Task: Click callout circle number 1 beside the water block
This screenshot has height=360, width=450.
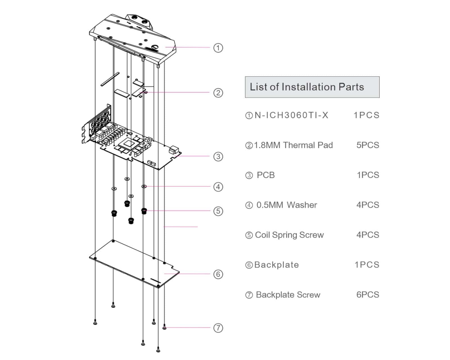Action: (218, 48)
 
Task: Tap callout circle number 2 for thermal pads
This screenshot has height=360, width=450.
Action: (218, 93)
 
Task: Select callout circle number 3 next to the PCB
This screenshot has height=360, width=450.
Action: (218, 156)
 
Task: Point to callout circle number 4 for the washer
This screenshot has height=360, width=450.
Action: (218, 187)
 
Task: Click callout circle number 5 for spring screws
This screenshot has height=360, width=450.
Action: (218, 211)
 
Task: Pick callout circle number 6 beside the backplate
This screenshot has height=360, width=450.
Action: (218, 274)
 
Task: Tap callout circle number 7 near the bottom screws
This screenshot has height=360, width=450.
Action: (218, 328)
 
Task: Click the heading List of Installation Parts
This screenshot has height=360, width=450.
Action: (307, 87)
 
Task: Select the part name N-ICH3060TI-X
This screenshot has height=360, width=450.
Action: (291, 115)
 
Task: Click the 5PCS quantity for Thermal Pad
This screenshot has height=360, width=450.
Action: (368, 145)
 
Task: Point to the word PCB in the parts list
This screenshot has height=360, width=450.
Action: (266, 175)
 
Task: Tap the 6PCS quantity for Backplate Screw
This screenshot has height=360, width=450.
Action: (368, 295)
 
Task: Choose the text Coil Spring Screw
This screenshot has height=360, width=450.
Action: (289, 235)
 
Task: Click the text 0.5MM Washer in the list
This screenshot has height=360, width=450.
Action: (287, 205)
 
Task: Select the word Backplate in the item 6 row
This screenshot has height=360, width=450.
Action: (276, 265)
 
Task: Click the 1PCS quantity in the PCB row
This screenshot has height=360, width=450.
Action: (368, 175)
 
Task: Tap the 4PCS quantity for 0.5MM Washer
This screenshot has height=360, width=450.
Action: (368, 205)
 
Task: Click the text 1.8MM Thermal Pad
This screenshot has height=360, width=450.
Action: (293, 145)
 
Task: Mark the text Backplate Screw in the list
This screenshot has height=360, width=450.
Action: (288, 295)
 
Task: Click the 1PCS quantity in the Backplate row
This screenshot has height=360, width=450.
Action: (367, 265)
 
